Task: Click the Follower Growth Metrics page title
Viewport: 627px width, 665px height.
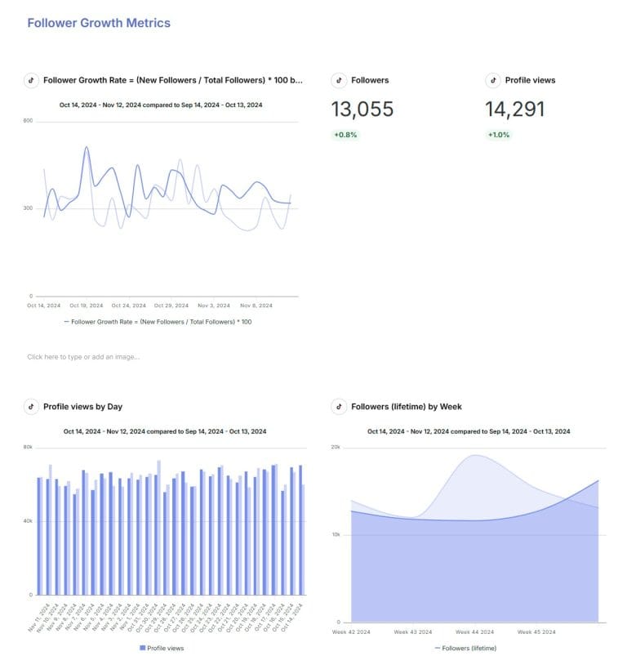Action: tap(99, 23)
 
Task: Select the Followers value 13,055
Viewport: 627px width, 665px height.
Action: tap(362, 109)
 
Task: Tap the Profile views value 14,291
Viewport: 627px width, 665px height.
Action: tap(514, 109)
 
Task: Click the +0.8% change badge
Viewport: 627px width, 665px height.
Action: tap(345, 135)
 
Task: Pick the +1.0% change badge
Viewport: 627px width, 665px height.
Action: tap(498, 135)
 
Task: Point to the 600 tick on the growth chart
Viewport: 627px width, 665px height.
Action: tap(28, 121)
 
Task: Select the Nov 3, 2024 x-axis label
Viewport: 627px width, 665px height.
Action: tap(214, 305)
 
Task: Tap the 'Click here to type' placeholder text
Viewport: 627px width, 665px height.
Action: tap(82, 356)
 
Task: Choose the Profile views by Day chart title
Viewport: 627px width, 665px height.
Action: tap(82, 406)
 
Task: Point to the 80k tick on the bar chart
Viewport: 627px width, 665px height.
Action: tap(28, 447)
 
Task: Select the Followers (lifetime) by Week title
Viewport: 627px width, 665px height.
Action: tap(406, 406)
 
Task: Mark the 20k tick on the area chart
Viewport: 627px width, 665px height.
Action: tap(335, 447)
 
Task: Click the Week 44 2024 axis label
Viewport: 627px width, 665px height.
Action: tap(475, 632)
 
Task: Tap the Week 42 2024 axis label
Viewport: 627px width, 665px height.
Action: tap(353, 632)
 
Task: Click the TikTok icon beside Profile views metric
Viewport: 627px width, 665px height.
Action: tap(492, 80)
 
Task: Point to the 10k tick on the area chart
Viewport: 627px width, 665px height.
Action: tap(335, 534)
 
